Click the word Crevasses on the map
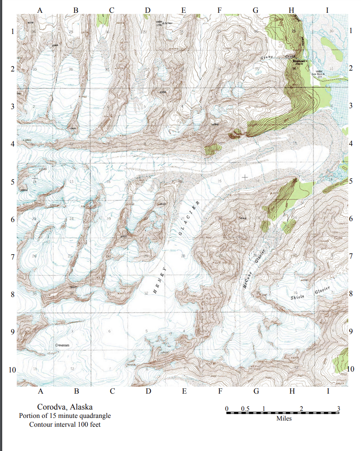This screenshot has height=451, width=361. pyautogui.click(x=65, y=344)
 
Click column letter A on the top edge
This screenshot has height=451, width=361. pyautogui.click(x=40, y=9)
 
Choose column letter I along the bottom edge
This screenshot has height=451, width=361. pyautogui.click(x=327, y=391)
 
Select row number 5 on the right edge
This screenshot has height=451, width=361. pyautogui.click(x=351, y=181)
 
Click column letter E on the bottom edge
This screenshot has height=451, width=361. pyautogui.click(x=184, y=391)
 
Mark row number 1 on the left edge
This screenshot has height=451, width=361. pyautogui.click(x=13, y=32)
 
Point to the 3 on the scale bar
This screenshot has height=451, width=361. pyautogui.click(x=338, y=408)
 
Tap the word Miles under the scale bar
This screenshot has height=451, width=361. pyautogui.click(x=284, y=418)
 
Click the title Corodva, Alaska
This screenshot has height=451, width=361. pyautogui.click(x=65, y=407)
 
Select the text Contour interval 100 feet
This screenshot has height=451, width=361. pyautogui.click(x=65, y=425)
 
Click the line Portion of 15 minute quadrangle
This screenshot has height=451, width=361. pyautogui.click(x=65, y=416)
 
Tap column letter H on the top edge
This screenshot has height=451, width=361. pyautogui.click(x=291, y=9)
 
